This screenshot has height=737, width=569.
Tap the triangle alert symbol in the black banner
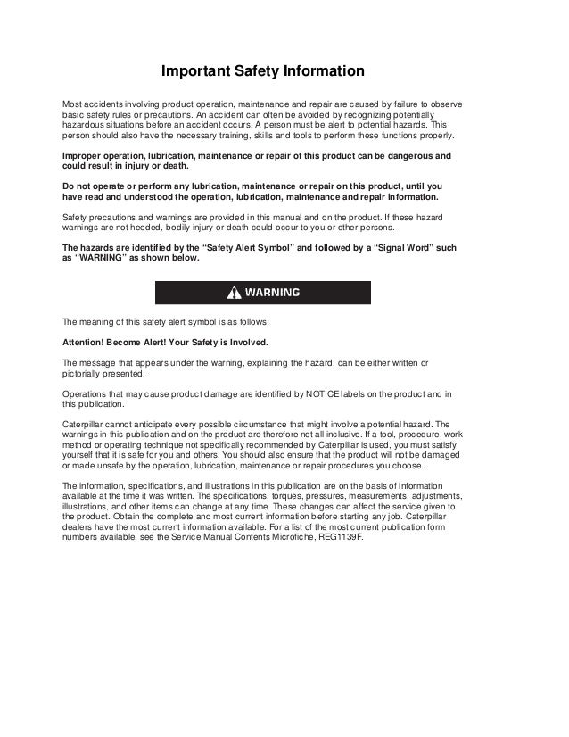pyautogui.click(x=235, y=293)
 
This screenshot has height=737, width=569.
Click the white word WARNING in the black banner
pyautogui.click(x=272, y=293)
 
